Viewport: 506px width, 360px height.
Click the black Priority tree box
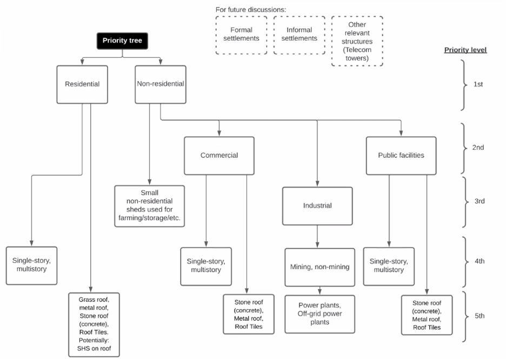coord(122,41)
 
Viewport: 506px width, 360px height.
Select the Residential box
coord(82,84)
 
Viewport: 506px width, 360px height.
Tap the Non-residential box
coord(161,84)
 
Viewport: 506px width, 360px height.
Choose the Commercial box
coord(219,156)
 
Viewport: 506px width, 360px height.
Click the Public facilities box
coord(401,156)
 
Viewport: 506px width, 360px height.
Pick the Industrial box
coord(317,206)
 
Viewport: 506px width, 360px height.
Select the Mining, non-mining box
coord(320,267)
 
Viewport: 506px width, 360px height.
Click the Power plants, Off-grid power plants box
coord(320,314)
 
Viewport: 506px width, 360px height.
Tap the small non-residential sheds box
coord(149,206)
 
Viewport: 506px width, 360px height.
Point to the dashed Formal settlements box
coord(242,35)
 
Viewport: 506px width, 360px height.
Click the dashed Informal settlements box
coord(299,35)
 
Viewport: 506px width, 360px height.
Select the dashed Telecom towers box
coord(357,41)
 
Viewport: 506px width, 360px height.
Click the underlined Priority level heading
coord(465,50)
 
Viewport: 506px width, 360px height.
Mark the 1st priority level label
coord(478,84)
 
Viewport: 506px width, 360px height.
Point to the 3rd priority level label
coord(480,201)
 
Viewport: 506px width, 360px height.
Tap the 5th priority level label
coord(480,316)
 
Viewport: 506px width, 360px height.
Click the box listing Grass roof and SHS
coord(94,324)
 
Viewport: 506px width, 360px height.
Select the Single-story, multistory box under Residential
coord(31,266)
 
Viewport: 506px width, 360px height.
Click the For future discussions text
coord(251,10)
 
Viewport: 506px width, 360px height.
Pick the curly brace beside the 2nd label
coord(465,149)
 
